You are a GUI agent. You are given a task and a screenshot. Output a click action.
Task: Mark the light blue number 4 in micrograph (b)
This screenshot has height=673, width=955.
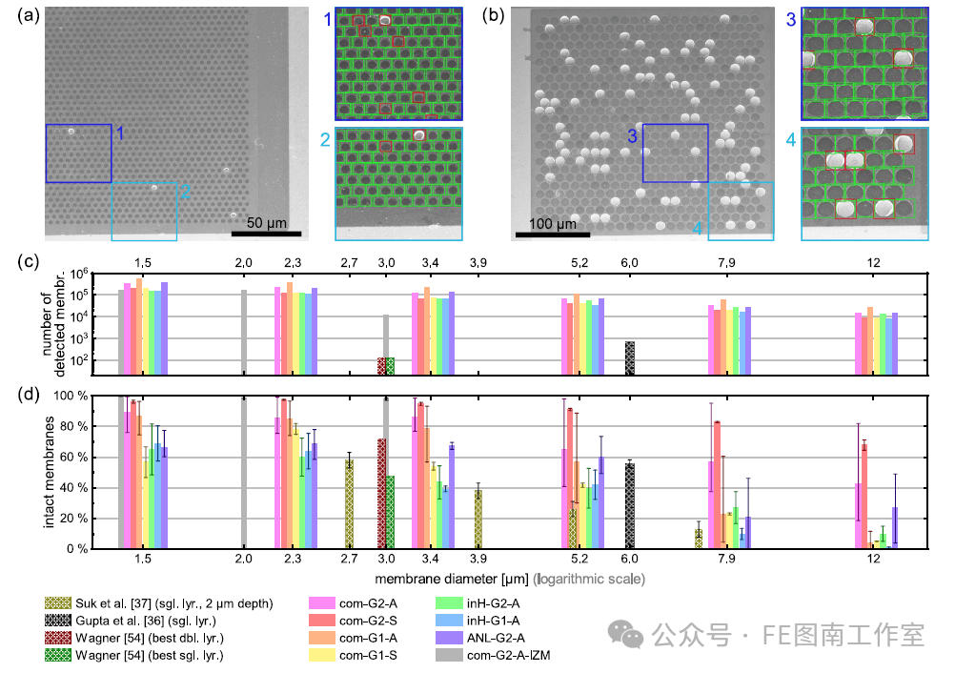point(699,229)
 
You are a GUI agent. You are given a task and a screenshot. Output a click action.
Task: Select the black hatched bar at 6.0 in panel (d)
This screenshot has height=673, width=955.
point(629,505)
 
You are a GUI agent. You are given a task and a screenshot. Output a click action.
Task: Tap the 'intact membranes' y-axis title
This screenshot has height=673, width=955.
point(51,472)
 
